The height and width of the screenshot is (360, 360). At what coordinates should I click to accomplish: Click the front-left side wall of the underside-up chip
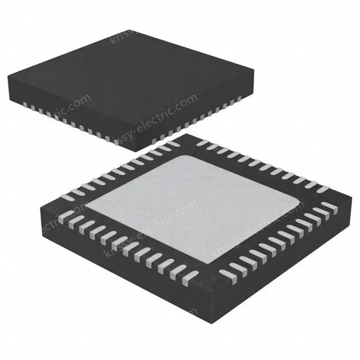[112, 281]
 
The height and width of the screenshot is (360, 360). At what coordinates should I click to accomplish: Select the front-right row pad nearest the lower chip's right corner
[323, 212]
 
